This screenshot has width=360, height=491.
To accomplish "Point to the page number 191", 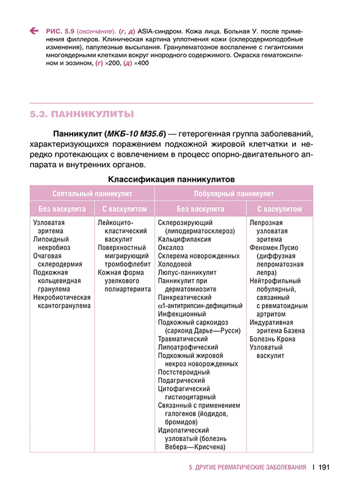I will point(324,468).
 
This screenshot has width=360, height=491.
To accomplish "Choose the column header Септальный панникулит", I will point(92,193).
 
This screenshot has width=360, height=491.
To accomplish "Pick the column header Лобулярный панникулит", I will point(234,193).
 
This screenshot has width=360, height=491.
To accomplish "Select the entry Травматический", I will point(183,339).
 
